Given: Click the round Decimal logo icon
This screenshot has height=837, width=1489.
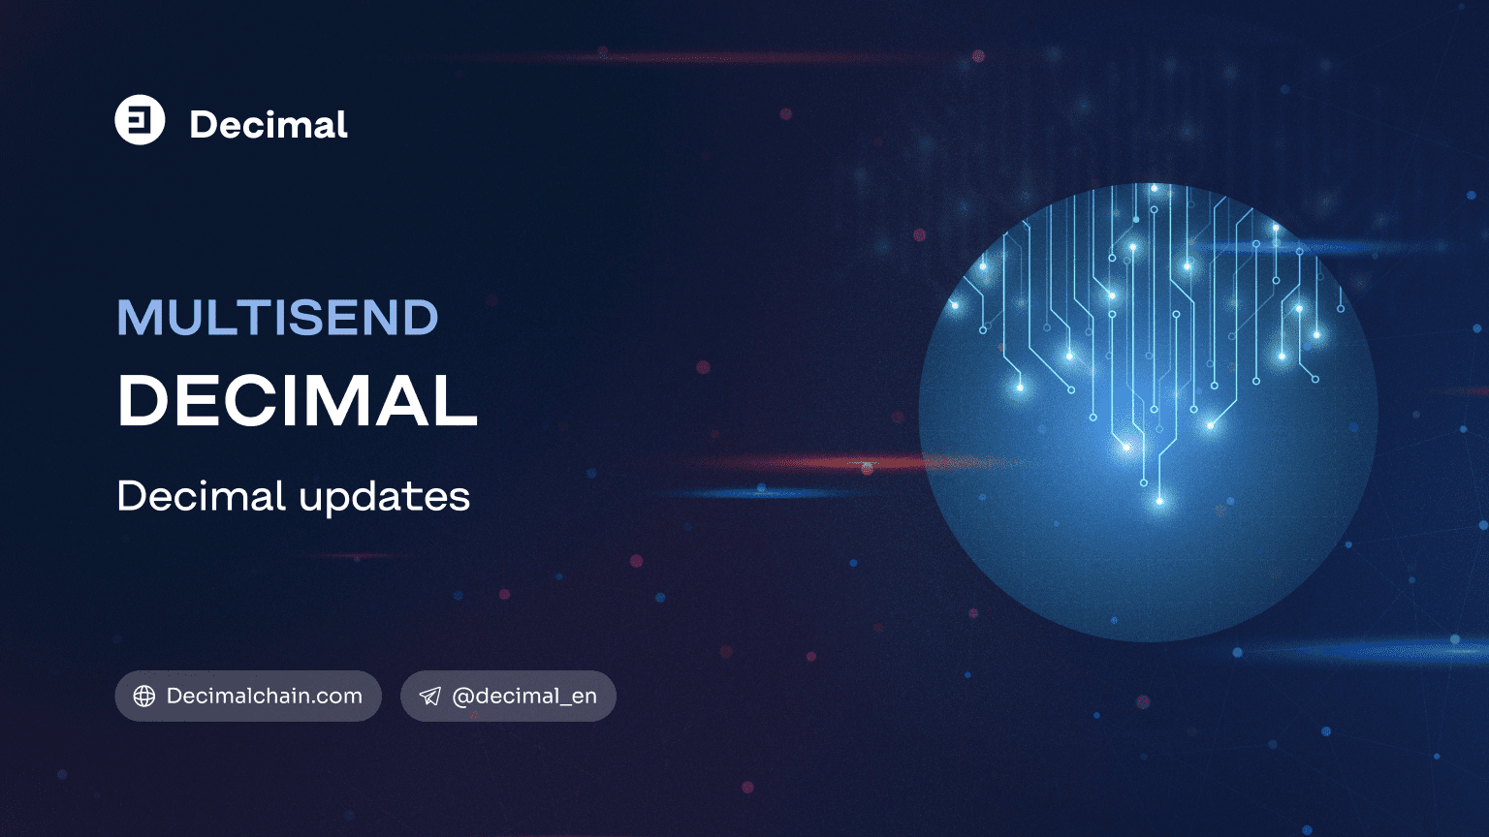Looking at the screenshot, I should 140,120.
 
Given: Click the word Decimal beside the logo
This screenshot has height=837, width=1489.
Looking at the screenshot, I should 269,125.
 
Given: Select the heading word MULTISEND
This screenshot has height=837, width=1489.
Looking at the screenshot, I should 277,318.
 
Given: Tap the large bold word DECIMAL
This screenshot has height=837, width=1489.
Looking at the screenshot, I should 297,401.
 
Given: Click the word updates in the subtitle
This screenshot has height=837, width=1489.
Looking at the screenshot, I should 384,497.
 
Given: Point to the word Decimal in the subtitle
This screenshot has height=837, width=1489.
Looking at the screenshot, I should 201,496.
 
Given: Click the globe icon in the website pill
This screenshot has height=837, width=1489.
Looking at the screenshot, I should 144,697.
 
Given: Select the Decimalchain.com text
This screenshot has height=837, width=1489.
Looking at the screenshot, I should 264,696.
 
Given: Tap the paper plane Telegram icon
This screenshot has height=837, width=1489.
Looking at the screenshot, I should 429,697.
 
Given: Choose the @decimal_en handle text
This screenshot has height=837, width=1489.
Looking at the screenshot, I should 524,696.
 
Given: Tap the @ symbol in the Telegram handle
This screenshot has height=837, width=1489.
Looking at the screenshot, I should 462,697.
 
